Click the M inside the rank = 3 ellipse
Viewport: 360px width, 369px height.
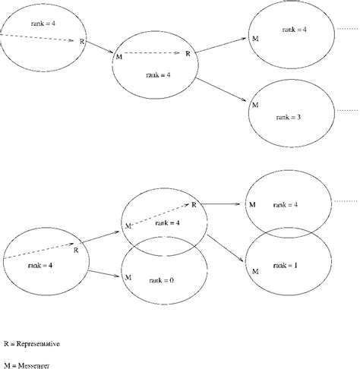(x=255, y=104)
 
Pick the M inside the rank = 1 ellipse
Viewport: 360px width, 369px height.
(x=255, y=270)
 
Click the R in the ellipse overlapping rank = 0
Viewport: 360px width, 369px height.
(x=194, y=205)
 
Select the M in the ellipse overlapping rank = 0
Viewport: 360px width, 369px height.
(x=128, y=225)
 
